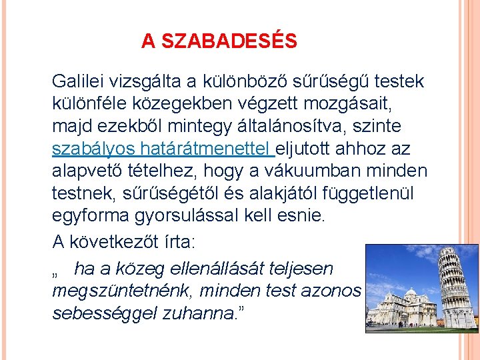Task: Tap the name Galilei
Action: coord(79,81)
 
